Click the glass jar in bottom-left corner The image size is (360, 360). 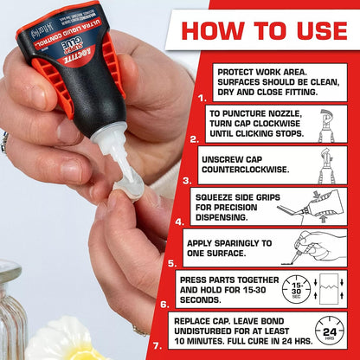click(x=11, y=312)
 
